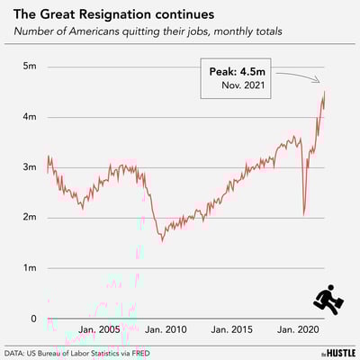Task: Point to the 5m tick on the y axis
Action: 30,67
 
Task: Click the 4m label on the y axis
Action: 30,117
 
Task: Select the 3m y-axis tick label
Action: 30,167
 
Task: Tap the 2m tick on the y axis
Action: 30,218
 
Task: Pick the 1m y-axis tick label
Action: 30,268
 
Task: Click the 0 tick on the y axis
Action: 33,319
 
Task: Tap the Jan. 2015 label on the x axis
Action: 229,330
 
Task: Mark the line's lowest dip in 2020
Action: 304,214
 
